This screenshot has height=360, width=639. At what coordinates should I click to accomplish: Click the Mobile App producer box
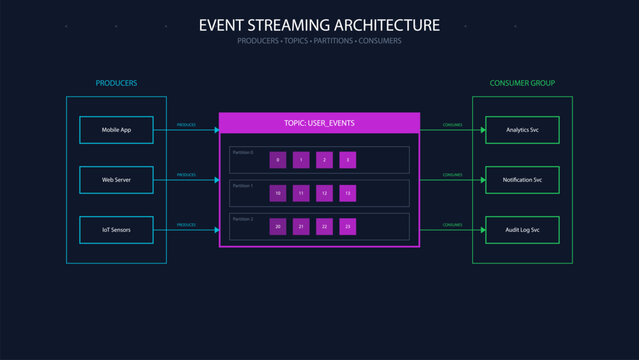[x=116, y=130]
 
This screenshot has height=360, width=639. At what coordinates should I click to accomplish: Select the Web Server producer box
[x=116, y=180]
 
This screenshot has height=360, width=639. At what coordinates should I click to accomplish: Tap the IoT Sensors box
[x=116, y=230]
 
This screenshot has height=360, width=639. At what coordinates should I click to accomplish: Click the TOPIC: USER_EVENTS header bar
[x=319, y=123]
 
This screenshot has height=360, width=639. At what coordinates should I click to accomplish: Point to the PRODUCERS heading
[x=116, y=83]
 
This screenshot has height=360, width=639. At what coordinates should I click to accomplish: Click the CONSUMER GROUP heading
[x=521, y=83]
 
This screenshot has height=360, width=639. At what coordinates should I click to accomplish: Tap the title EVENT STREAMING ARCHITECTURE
[x=319, y=24]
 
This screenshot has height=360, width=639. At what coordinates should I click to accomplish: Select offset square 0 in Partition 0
[x=278, y=160]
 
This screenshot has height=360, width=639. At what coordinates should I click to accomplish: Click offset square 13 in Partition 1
[x=347, y=193]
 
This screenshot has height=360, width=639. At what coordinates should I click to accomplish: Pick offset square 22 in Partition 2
[x=324, y=227]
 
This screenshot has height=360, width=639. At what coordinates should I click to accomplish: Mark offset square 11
[x=301, y=193]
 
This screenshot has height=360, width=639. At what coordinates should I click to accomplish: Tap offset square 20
[x=278, y=227]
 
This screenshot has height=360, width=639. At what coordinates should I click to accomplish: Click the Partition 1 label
[x=243, y=186]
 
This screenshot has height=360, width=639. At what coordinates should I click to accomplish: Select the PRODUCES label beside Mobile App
[x=186, y=125]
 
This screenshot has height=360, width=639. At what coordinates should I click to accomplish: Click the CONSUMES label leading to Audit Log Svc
[x=452, y=225]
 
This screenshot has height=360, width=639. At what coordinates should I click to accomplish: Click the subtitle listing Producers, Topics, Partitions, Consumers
[x=319, y=41]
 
